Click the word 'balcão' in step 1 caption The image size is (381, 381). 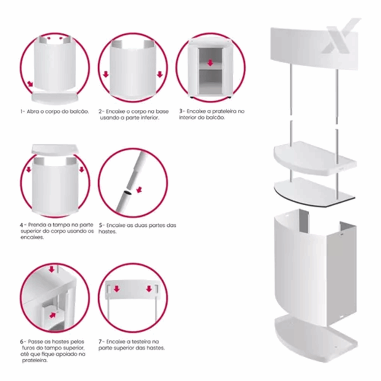pos(80,112)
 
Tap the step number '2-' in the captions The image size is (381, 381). pos(101,112)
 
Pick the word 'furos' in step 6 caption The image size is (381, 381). pos(29,348)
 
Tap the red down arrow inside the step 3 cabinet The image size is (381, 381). pos(210,63)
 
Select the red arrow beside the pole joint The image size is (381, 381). pos(139,190)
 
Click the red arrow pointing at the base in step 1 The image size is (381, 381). pos(30,84)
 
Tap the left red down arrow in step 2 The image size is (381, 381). pos(106,74)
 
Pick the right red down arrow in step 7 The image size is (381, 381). pos(149,289)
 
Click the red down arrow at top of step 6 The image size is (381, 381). pos(51,269)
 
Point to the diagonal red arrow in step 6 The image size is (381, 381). pos(53,315)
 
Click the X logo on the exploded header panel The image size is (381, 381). pos(340,36)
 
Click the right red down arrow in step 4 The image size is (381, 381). pos(82,170)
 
